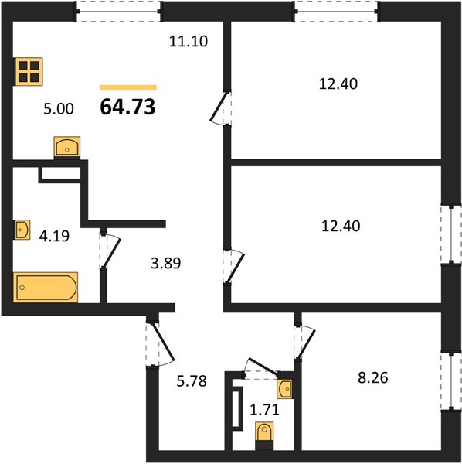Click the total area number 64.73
[127, 107]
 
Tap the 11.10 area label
[189, 41]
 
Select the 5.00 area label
[59, 109]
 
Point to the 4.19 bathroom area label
[54, 236]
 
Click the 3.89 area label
[166, 263]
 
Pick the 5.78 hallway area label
[192, 381]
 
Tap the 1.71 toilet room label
[264, 410]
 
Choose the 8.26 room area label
[373, 378]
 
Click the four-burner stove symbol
[29, 72]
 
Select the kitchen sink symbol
[67, 147]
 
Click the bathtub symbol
[46, 288]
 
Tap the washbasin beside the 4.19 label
[22, 230]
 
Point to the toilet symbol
[264, 435]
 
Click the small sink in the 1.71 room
[285, 389]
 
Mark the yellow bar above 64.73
[128, 87]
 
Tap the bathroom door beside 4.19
[110, 250]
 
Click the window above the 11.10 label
[118, 12]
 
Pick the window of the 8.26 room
[451, 381]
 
